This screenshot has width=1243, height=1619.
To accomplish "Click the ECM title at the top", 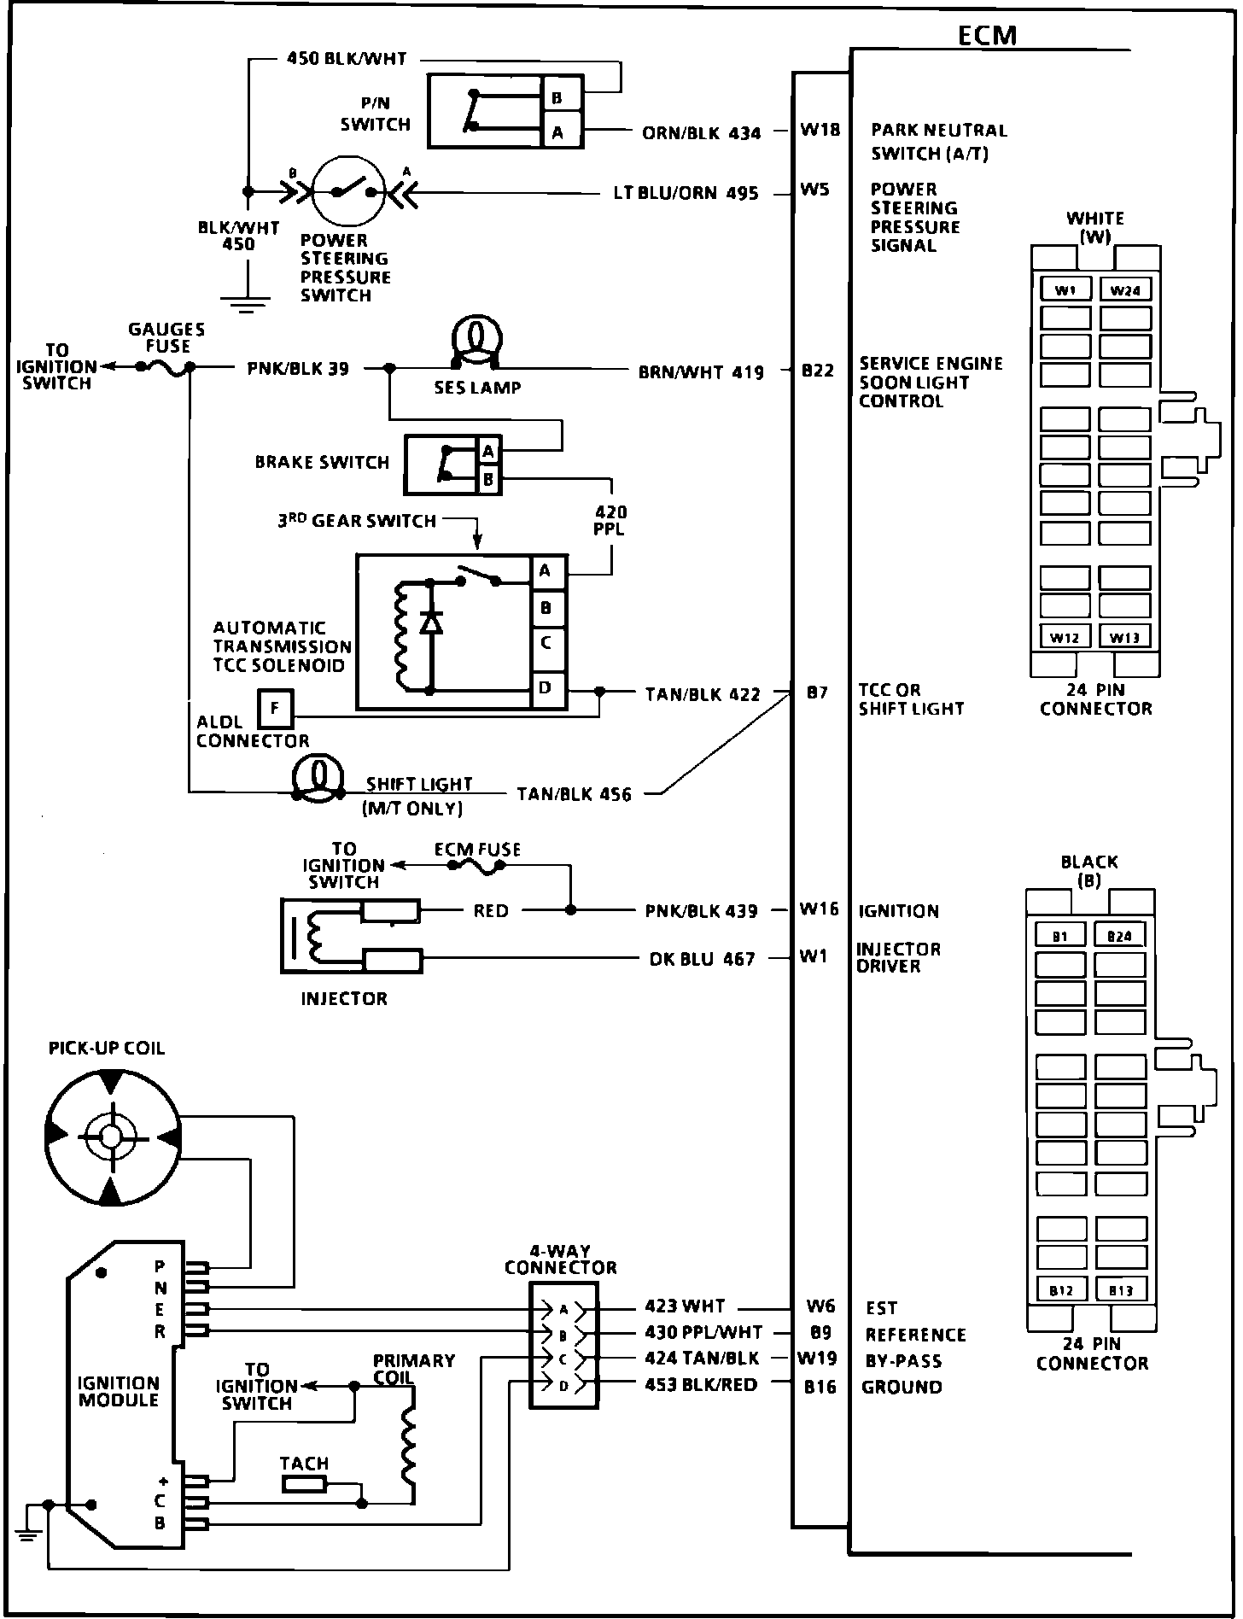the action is click(x=987, y=35).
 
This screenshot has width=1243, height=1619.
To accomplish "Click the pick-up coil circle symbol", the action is click(x=111, y=1136).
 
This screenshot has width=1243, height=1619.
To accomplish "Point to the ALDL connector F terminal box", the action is click(x=275, y=709).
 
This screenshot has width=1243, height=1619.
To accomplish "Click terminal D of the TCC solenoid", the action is click(x=547, y=687).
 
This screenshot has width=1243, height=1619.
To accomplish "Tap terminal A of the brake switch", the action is click(x=489, y=450).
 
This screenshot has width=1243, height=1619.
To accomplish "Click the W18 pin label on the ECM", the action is click(x=820, y=130).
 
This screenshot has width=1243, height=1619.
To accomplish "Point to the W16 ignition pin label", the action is click(x=819, y=909).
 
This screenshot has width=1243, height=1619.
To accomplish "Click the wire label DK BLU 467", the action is click(x=702, y=959).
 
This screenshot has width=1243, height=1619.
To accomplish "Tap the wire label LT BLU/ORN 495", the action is click(x=686, y=194).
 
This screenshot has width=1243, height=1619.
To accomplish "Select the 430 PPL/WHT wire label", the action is click(x=703, y=1333).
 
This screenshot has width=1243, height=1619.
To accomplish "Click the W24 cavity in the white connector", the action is click(x=1125, y=289).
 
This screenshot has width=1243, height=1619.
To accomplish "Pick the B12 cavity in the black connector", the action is click(x=1061, y=1289).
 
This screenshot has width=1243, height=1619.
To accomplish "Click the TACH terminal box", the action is click(x=304, y=1486).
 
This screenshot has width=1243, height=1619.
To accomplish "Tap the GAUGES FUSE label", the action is click(x=166, y=337).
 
